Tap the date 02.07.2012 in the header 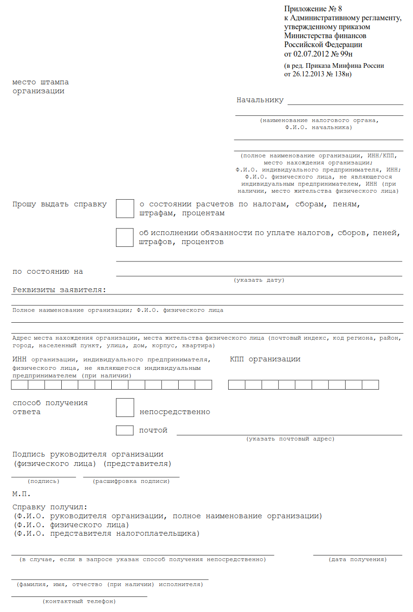(311, 54)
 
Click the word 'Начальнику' (260, 100)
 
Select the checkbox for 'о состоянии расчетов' (125, 209)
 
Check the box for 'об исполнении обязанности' (125, 237)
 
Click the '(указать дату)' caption (259, 280)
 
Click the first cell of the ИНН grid (20, 385)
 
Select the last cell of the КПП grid (370, 385)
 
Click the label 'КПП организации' (265, 359)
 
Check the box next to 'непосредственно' (125, 408)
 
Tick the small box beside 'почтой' (125, 430)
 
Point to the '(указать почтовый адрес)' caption (290, 439)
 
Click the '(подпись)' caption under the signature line (43, 481)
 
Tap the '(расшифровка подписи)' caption (131, 481)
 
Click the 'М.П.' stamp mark (21, 494)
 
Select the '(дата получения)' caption (357, 560)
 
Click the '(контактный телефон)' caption (79, 602)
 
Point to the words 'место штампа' (41, 82)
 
